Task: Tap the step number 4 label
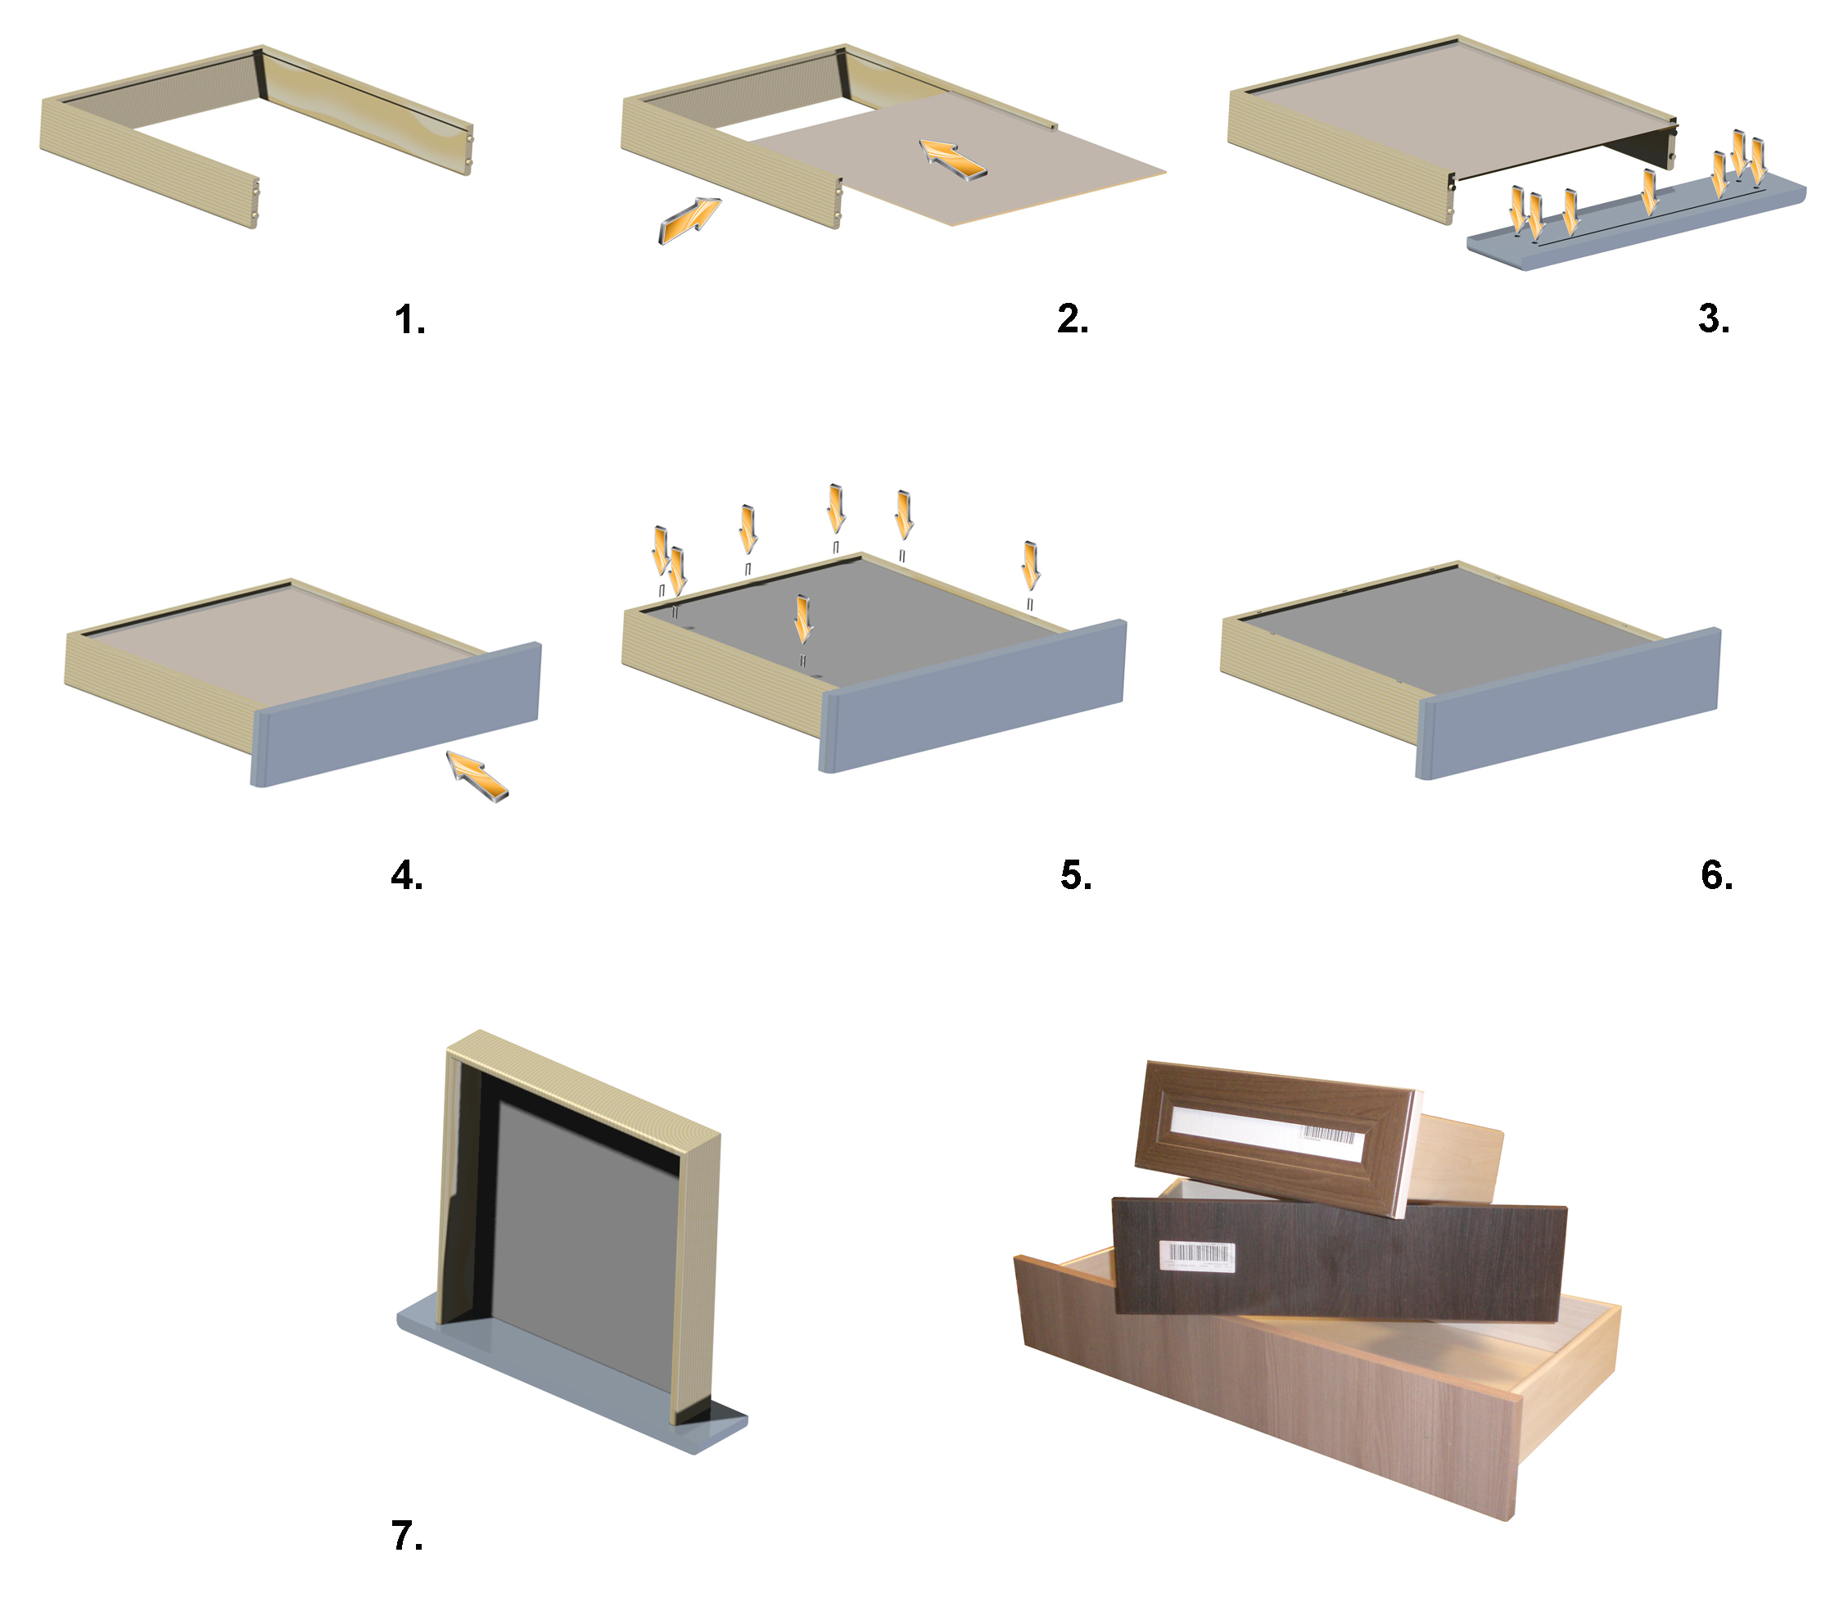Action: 407,876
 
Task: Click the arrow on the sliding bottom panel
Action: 952,160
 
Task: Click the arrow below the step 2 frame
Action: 689,220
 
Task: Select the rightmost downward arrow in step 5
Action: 1031,566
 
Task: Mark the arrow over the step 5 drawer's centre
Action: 803,619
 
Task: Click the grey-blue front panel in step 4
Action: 396,715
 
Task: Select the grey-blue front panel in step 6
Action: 1568,704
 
